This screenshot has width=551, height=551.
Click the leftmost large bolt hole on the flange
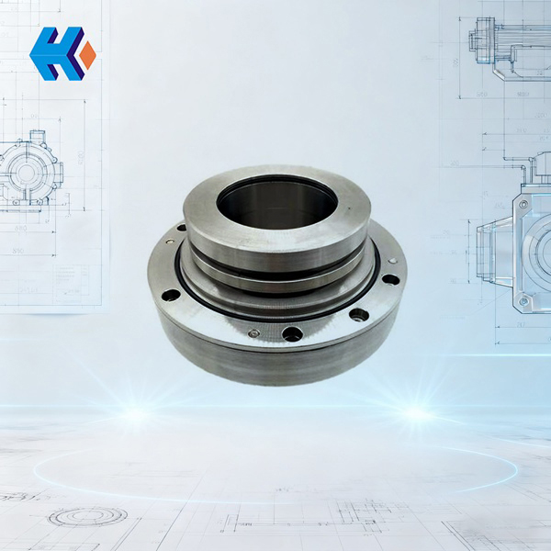tap(171, 295)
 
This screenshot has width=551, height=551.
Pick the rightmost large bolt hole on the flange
tap(390, 279)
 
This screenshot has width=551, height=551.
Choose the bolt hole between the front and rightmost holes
tap(358, 315)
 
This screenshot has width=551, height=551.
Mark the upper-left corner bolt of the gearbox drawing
tap(523, 205)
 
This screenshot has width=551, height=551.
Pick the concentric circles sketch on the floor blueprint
tap(87, 516)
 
